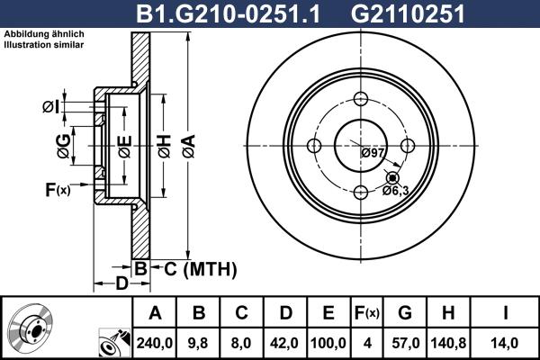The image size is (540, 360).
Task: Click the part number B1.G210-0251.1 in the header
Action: pos(228,13)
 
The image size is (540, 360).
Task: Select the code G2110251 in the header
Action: pos(408,13)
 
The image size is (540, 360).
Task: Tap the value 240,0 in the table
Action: pos(155,343)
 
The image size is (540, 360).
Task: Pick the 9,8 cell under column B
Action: pos(198,343)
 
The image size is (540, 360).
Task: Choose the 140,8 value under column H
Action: pos(448,343)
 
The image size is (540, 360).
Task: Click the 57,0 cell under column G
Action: pos(405,343)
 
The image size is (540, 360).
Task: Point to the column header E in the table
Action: pos(328,313)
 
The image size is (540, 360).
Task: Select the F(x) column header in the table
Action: pos(367,313)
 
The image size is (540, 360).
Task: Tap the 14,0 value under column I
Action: pos(504,343)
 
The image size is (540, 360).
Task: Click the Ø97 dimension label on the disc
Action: pos(373,152)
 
